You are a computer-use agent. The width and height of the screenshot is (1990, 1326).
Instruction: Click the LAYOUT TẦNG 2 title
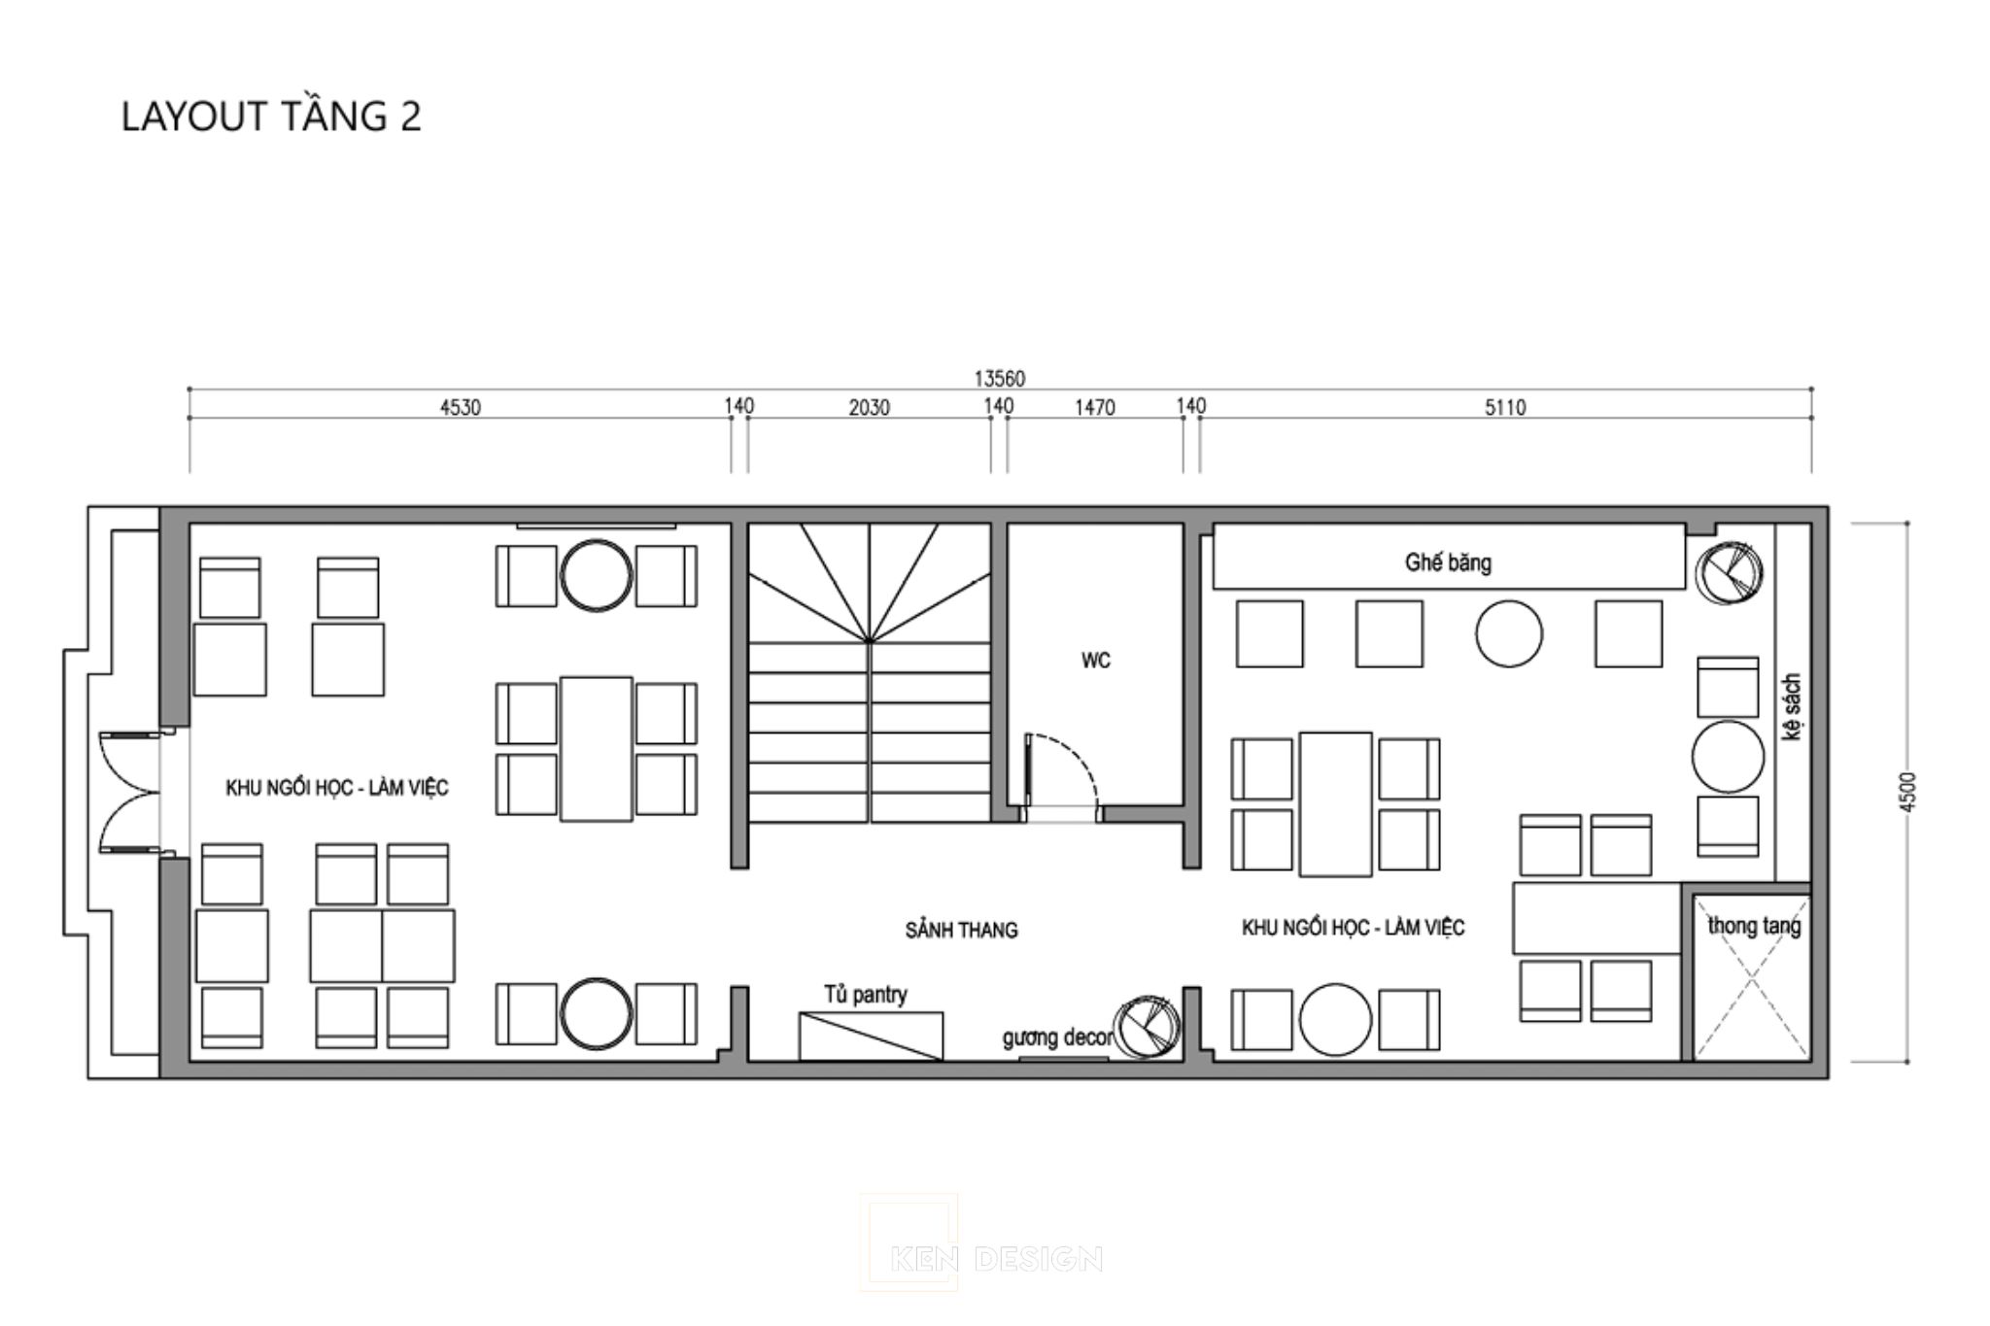pyautogui.click(x=271, y=117)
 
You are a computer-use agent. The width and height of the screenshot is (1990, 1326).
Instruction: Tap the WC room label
pyautogui.click(x=1095, y=661)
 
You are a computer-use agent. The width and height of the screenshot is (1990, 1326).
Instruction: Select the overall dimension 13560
pyautogui.click(x=999, y=378)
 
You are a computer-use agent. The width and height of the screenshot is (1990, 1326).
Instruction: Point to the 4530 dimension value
pyautogui.click(x=461, y=407)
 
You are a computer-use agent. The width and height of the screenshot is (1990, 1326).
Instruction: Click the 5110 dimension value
pyautogui.click(x=1505, y=407)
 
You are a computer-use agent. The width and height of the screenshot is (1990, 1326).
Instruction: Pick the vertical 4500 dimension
pyautogui.click(x=1908, y=792)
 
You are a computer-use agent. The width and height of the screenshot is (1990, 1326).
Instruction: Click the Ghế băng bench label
pyautogui.click(x=1448, y=562)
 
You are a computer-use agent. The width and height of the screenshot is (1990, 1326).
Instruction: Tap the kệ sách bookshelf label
pyautogui.click(x=1792, y=707)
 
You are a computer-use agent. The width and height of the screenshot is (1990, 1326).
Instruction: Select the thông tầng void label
pyautogui.click(x=1754, y=926)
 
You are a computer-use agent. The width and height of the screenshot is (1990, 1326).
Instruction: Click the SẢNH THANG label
pyautogui.click(x=961, y=931)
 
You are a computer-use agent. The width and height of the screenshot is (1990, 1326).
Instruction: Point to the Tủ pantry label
pyautogui.click(x=866, y=995)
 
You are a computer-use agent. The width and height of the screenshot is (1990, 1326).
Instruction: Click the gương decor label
pyautogui.click(x=1057, y=1037)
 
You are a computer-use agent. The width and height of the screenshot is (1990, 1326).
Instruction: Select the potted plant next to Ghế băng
pyautogui.click(x=1730, y=573)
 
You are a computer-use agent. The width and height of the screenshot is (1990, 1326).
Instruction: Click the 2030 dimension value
pyautogui.click(x=869, y=407)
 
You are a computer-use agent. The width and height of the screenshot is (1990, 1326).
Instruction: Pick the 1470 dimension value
pyautogui.click(x=1094, y=407)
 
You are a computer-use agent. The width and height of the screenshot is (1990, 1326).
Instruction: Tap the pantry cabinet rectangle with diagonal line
pyautogui.click(x=871, y=1036)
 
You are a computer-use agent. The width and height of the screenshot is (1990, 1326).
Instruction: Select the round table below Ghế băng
pyautogui.click(x=1508, y=633)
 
